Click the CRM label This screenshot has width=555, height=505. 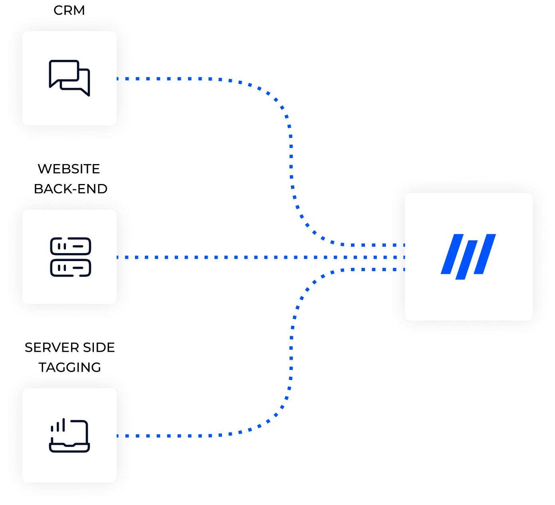69,10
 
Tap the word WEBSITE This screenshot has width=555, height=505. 69,169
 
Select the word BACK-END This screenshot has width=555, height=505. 71,188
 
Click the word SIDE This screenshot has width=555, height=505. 99,348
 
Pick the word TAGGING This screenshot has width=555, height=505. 70,367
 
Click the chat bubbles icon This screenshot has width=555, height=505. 69,78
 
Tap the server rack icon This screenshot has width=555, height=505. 70,257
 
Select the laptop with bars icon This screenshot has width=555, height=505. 69,436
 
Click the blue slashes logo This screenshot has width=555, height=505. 468,256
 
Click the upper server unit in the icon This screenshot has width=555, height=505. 70,246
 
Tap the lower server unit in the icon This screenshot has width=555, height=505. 70,268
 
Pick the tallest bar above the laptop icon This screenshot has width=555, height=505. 63,425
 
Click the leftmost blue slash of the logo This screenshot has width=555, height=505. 452,254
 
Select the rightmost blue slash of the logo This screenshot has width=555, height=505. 484,254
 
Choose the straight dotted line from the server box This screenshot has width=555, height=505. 240,257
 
